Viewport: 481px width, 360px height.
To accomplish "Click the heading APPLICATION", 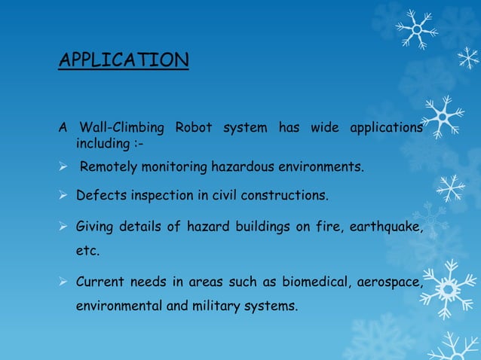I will (x=124, y=59).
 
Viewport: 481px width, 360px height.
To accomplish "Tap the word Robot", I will (x=194, y=127).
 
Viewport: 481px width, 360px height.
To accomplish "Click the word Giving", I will (x=95, y=228).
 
